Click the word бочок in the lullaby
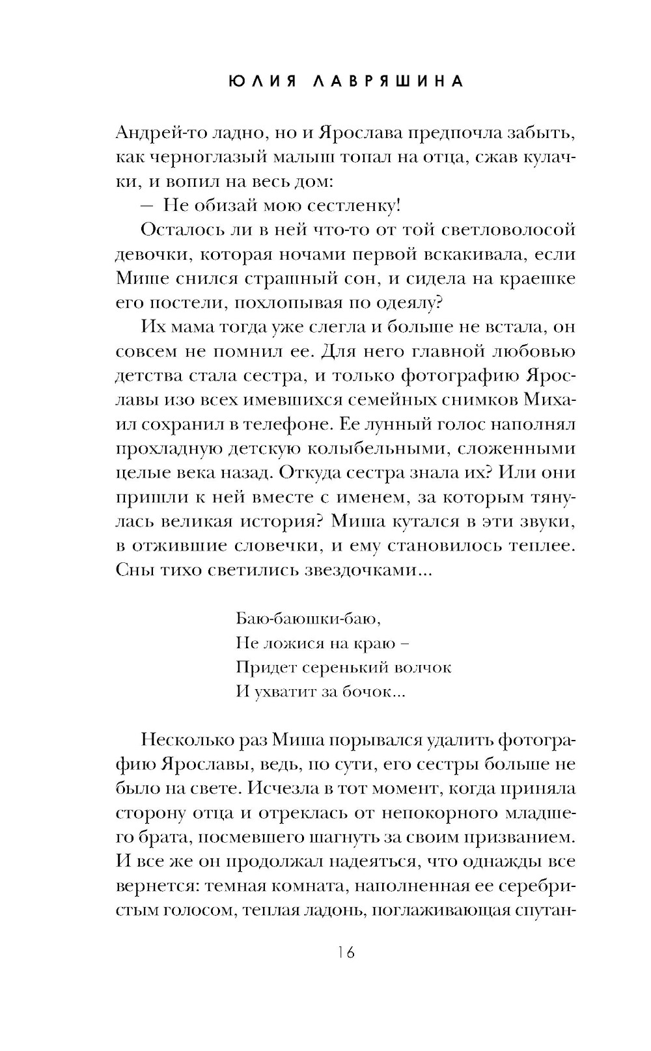pos(372,692)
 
